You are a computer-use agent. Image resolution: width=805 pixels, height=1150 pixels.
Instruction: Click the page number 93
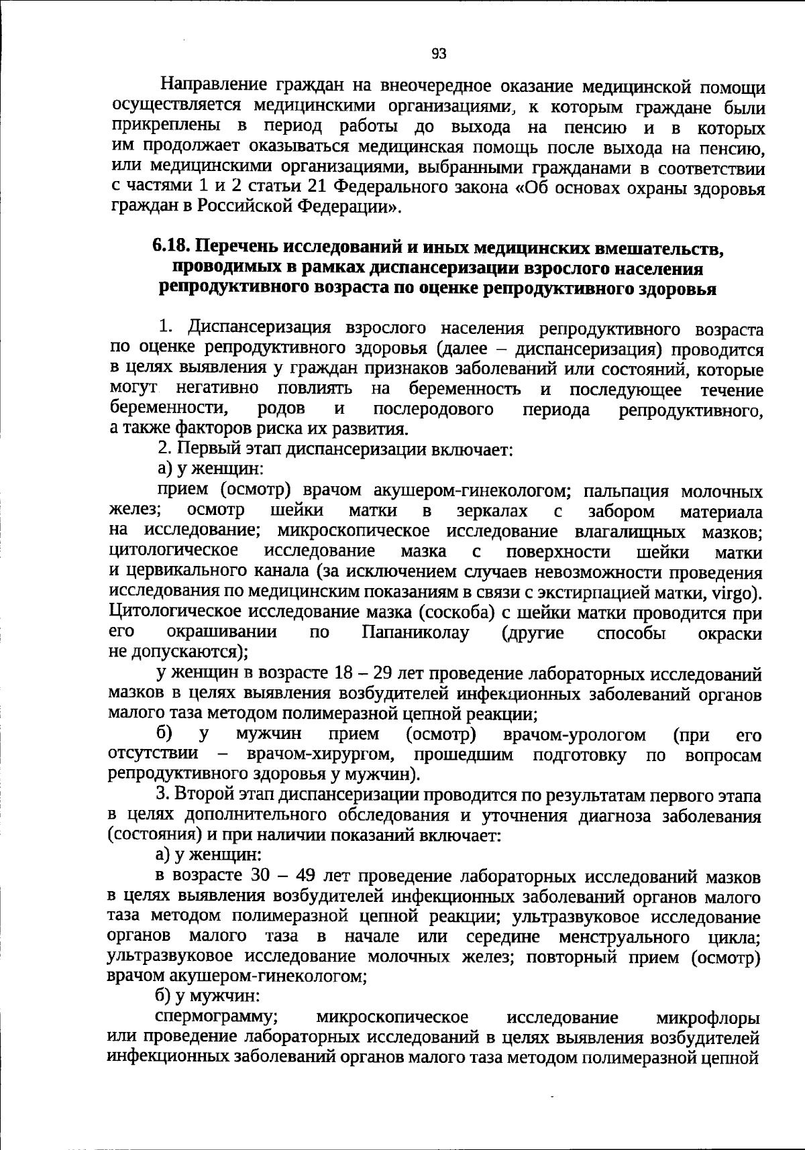439,54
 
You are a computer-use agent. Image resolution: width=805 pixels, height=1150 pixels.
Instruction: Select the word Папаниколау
415,632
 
